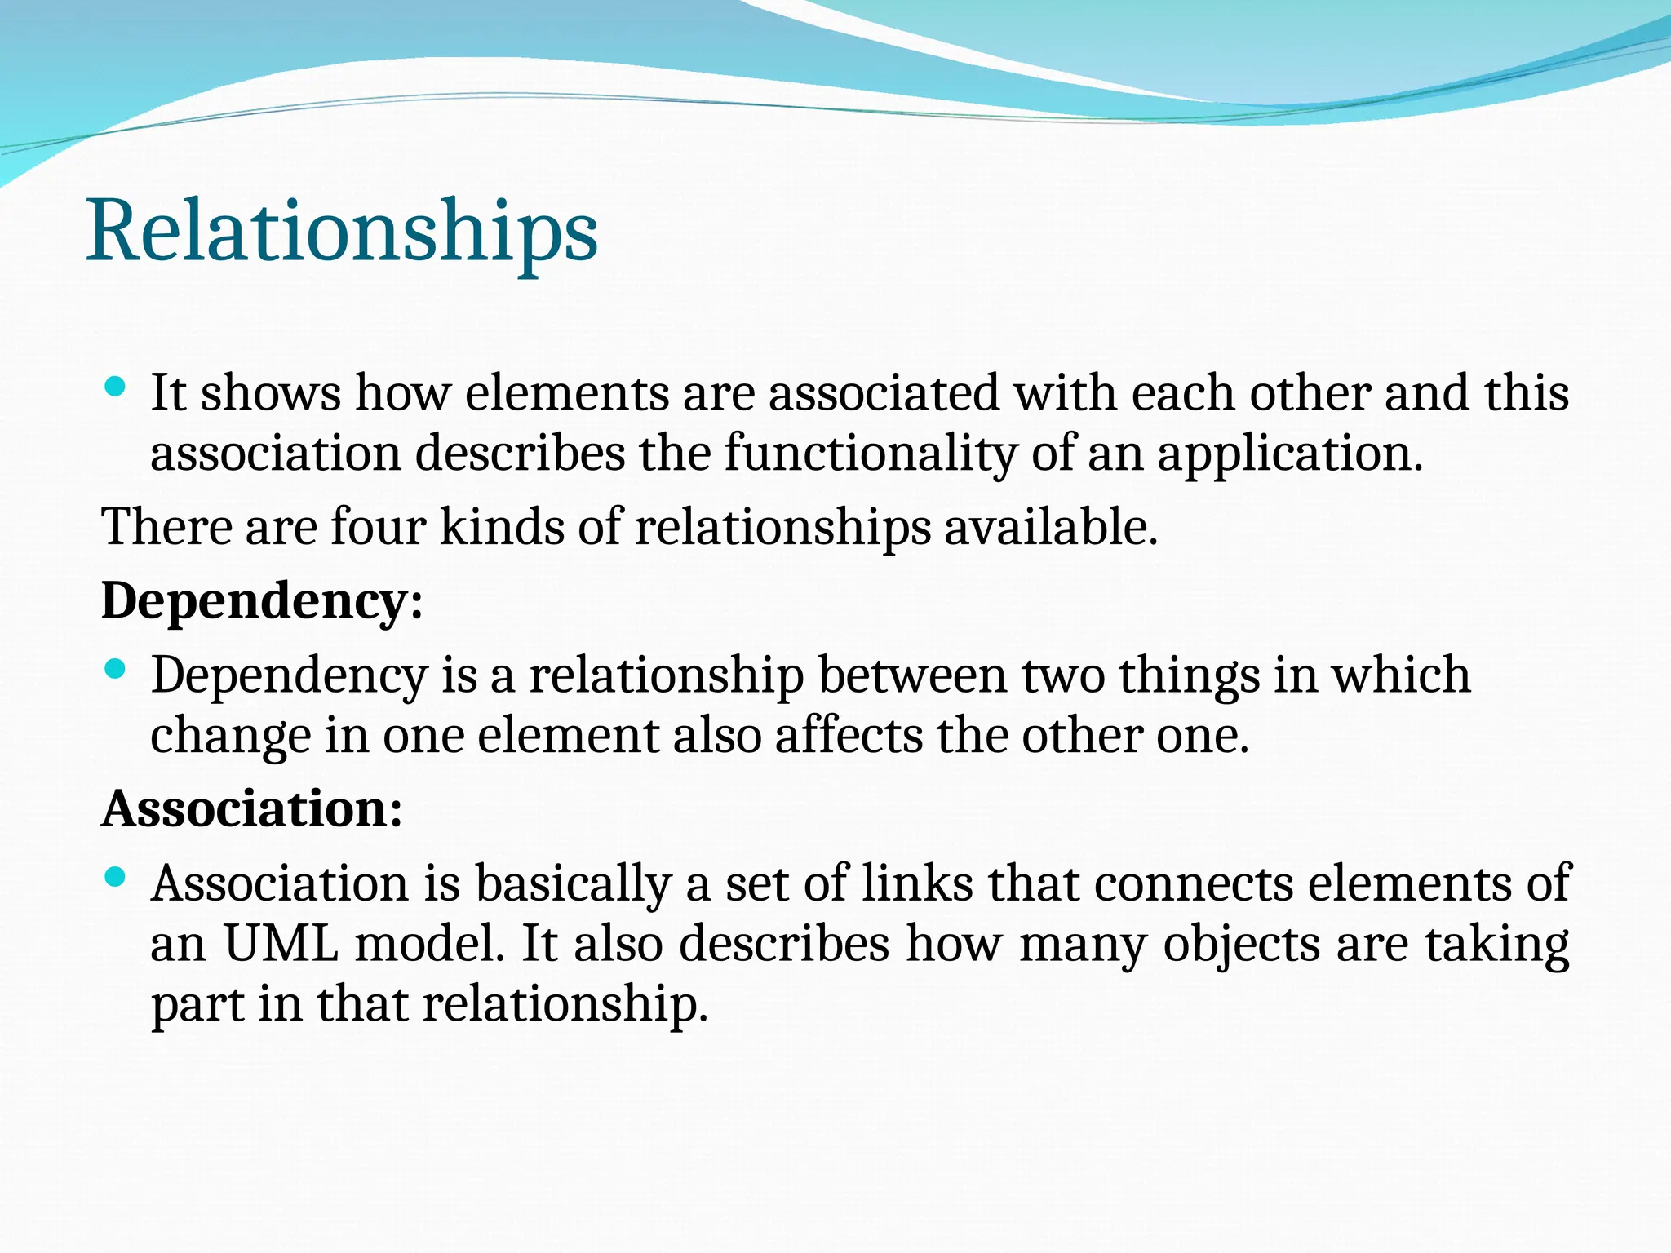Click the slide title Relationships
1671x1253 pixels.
coord(342,232)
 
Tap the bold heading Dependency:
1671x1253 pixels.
coord(262,601)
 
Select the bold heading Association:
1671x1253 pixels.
coord(252,809)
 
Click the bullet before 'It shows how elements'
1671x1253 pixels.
coord(116,387)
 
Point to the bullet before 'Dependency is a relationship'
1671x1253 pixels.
coord(116,670)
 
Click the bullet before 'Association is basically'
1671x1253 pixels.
coord(116,878)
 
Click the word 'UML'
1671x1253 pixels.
coord(281,944)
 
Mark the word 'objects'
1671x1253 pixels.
coord(1241,944)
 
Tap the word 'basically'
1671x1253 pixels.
coord(573,883)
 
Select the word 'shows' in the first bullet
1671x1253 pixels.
coord(271,393)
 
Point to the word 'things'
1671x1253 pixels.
coord(1188,675)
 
